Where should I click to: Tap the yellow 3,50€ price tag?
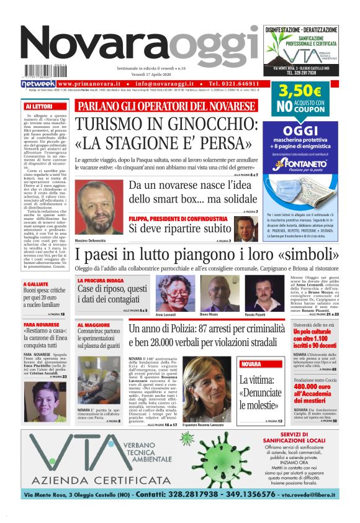(300, 91)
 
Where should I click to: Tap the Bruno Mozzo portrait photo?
(209, 294)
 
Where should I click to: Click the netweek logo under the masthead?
(38, 83)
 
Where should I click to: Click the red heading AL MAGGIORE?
(94, 325)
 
